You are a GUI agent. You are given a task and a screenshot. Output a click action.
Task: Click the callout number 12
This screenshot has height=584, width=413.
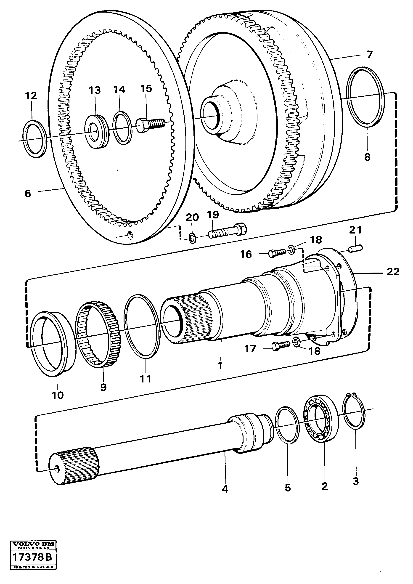(31, 96)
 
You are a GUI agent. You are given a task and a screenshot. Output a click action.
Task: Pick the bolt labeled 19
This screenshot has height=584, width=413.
(227, 231)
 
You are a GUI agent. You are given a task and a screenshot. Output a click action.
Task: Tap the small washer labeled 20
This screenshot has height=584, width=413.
(192, 239)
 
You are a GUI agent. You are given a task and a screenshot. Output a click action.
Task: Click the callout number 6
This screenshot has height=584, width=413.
(28, 194)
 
